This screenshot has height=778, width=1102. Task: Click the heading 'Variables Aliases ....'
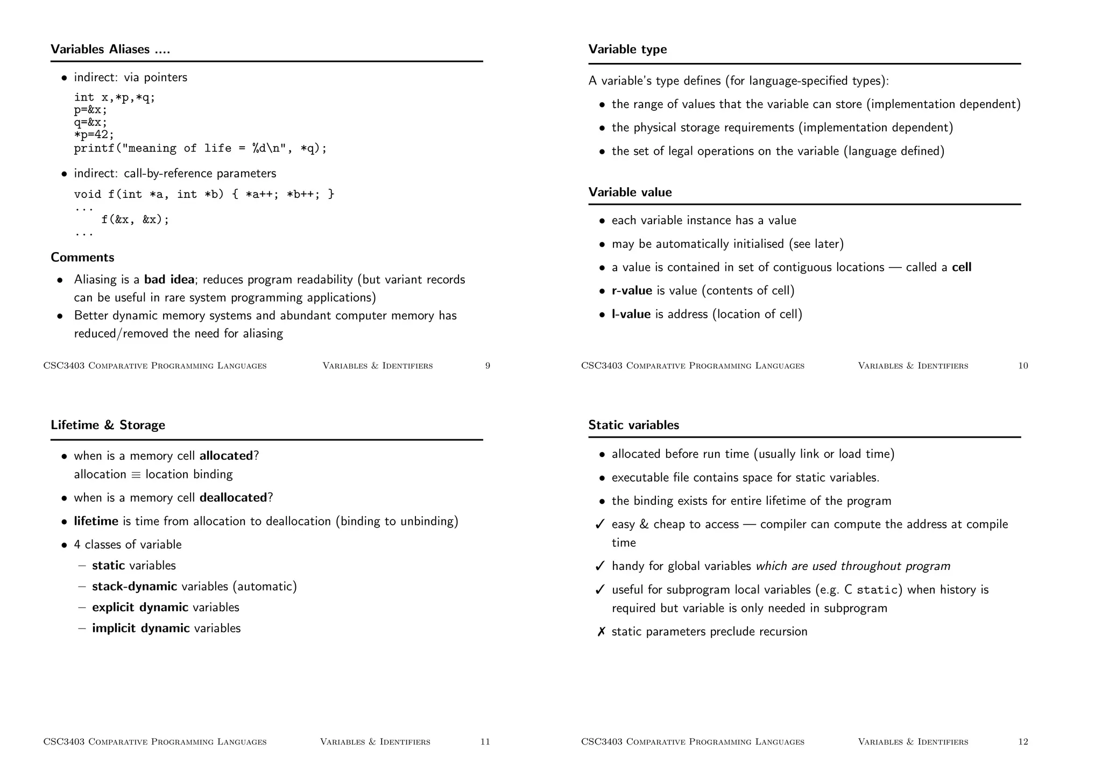tap(110, 49)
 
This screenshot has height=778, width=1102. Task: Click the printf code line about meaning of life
tap(200, 148)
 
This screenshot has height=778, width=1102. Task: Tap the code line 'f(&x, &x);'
tap(135, 219)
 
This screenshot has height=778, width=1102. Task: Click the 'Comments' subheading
tap(82, 258)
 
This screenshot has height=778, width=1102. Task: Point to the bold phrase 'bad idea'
tap(169, 280)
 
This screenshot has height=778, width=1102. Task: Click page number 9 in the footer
tap(488, 366)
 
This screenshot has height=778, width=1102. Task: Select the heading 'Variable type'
tap(627, 49)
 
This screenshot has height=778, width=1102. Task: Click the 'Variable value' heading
tap(630, 192)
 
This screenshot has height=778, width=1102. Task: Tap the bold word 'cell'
tap(961, 267)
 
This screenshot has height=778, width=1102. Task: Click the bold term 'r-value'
tap(632, 291)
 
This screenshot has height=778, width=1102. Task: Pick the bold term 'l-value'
tap(631, 315)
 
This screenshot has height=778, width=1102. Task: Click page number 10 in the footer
tap(1023, 366)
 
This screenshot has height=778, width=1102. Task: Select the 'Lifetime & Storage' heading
tap(108, 425)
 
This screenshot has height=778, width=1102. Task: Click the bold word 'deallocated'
tap(233, 498)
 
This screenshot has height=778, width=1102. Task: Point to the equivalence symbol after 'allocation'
tap(136, 475)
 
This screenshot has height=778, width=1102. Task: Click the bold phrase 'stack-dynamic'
tap(135, 587)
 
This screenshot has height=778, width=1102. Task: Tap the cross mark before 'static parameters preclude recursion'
tap(601, 632)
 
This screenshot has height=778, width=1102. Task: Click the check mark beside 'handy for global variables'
tap(601, 566)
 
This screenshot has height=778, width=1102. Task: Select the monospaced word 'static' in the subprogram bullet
tap(877, 590)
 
